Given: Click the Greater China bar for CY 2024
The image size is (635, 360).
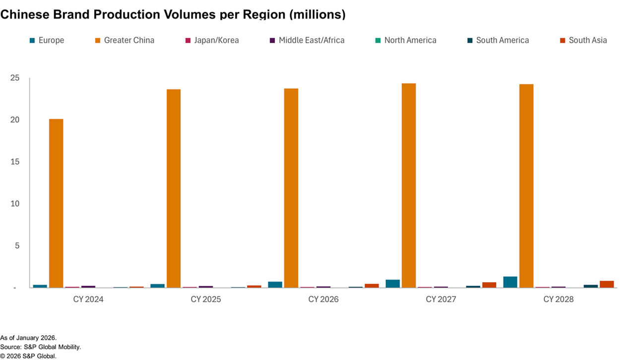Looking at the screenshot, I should click(56, 203).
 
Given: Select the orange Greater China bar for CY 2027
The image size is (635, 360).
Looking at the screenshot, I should click(409, 185).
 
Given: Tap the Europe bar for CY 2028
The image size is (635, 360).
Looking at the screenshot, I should click(510, 282).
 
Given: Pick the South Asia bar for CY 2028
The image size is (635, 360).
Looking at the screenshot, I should click(607, 284).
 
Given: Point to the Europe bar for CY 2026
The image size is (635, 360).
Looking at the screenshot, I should click(275, 285).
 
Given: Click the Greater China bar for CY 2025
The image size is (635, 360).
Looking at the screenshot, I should click(174, 188).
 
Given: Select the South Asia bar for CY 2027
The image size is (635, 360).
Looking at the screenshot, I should click(489, 285).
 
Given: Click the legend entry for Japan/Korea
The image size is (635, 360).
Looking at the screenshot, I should click(215, 40).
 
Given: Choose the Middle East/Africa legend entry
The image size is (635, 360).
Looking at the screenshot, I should click(311, 40).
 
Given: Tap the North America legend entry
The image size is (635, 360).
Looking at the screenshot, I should click(410, 40).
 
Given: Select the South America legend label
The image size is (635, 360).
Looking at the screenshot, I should click(502, 40).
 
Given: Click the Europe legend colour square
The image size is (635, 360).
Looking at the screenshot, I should click(32, 40).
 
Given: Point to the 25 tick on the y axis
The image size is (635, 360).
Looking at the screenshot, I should click(15, 78).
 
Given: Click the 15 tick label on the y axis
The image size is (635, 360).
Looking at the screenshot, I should click(15, 162).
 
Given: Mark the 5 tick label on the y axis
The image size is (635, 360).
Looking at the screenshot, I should click(17, 245).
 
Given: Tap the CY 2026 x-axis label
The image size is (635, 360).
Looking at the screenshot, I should click(323, 300).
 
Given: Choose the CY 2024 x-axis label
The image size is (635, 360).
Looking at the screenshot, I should click(88, 300).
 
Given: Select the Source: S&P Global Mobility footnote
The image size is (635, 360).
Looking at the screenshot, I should click(40, 347).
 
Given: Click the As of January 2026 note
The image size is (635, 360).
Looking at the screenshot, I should click(28, 338).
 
